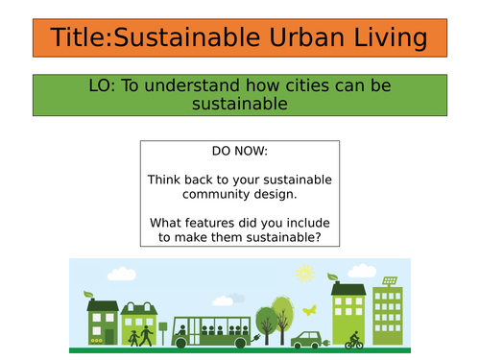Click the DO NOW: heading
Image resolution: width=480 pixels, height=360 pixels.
pyautogui.click(x=240, y=152)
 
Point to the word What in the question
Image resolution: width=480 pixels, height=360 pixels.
pyautogui.click(x=167, y=223)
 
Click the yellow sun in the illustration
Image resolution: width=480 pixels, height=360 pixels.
pyautogui.click(x=305, y=275)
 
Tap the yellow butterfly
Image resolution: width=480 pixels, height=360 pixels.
pyautogui.click(x=309, y=310)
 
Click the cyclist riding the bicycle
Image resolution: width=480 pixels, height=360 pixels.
pyautogui.click(x=356, y=338)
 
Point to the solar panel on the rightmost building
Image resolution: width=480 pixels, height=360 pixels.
pyautogui.click(x=391, y=281)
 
